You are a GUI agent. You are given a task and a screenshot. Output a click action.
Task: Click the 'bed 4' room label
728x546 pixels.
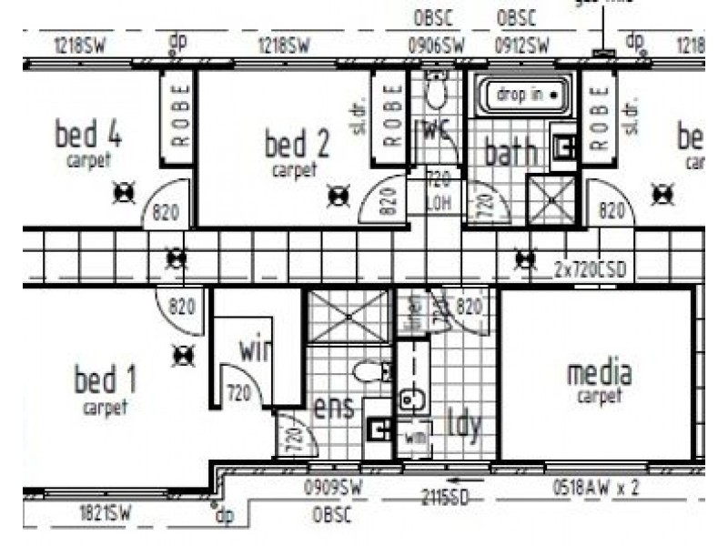pyautogui.click(x=88, y=136)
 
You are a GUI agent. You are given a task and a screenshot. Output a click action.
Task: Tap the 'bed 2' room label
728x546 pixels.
pyautogui.click(x=297, y=144)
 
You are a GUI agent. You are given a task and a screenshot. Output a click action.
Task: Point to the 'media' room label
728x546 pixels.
pyautogui.click(x=600, y=372)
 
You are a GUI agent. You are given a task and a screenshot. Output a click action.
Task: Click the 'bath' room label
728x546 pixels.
pyautogui.click(x=510, y=152)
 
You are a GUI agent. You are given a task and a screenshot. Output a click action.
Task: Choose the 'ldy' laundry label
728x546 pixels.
pyautogui.click(x=462, y=423)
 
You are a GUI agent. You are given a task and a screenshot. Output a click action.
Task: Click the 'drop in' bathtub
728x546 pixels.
pyautogui.click(x=520, y=95)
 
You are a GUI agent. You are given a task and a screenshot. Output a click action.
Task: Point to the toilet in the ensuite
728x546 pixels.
pyautogui.click(x=371, y=371)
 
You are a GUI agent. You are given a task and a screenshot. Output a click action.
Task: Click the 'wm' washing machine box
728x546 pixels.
pyautogui.click(x=415, y=439)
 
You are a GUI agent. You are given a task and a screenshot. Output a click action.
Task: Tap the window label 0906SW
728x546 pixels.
pyautogui.click(x=436, y=45)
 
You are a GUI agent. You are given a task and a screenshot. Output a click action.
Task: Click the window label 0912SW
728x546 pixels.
pyautogui.click(x=521, y=45)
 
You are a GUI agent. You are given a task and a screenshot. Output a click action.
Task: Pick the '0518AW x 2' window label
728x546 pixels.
pyautogui.click(x=596, y=488)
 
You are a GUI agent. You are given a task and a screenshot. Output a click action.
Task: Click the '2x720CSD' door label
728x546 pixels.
pyautogui.click(x=594, y=268)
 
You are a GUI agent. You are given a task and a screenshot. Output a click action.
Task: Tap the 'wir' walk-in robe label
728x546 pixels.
pyautogui.click(x=254, y=349)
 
